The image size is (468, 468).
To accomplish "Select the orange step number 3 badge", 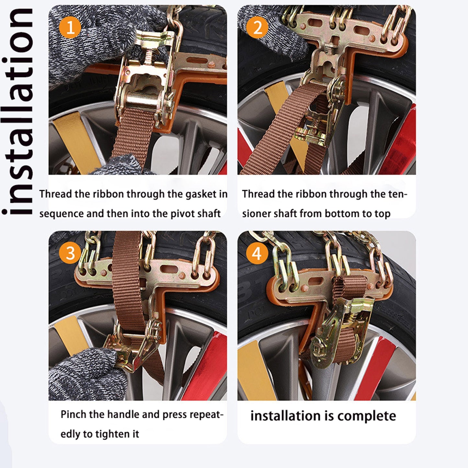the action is point(70,253).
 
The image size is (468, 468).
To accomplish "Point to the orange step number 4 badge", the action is point(257,253).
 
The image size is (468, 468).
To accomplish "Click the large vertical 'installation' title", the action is point(18,112).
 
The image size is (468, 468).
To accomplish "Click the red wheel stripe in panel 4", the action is point(376,369).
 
